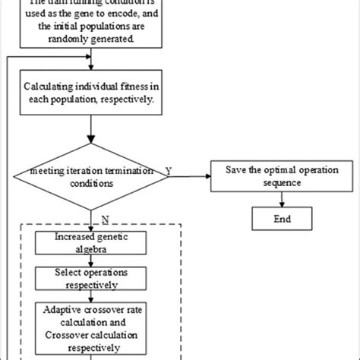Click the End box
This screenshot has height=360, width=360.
click(x=283, y=219)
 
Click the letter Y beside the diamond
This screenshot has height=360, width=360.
click(x=167, y=172)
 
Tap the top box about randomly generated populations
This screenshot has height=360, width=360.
click(x=92, y=26)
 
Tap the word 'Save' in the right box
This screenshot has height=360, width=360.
click(x=236, y=168)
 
